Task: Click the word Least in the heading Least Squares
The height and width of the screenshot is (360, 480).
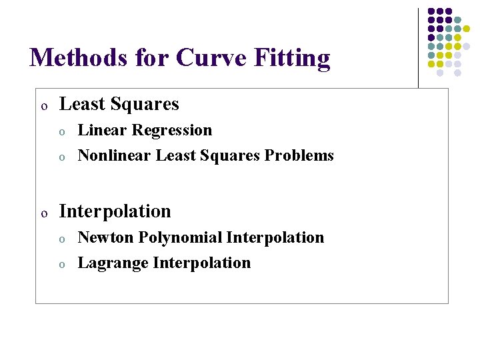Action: coord(81,104)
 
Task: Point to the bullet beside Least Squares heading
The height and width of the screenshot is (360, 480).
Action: coord(43,107)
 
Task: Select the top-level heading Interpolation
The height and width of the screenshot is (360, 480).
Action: coord(115,211)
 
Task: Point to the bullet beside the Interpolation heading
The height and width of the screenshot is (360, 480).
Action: coord(43,214)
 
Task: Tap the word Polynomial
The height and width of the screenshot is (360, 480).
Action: coord(180,237)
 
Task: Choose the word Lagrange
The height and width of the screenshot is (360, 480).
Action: coord(113,263)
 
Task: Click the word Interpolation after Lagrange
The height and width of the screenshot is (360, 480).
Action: coord(202,263)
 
